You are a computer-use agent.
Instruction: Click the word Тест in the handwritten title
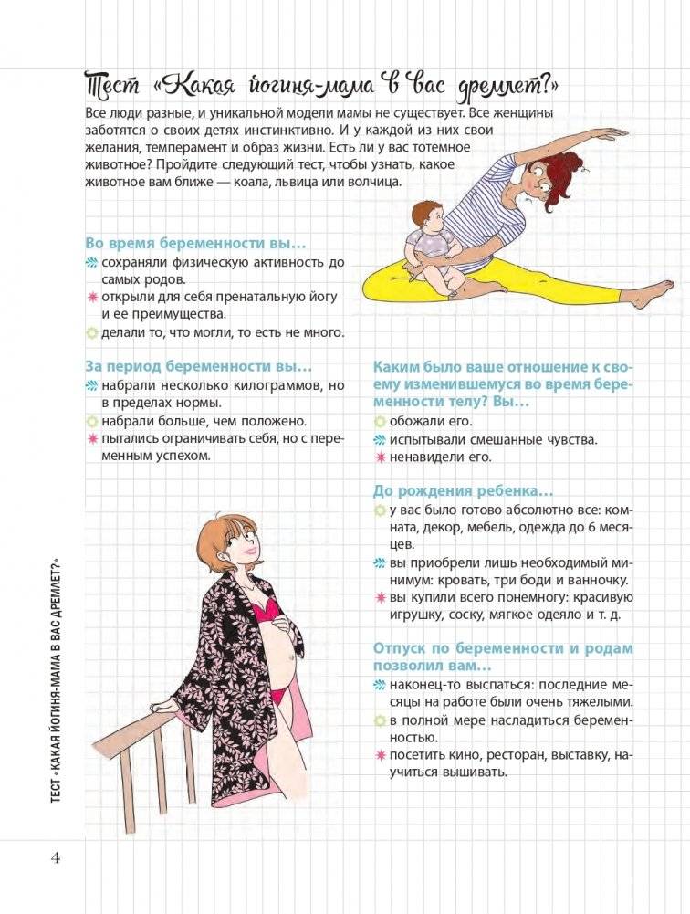click(x=111, y=88)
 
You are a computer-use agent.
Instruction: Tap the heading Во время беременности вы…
click(x=195, y=244)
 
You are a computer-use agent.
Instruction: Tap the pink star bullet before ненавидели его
click(x=380, y=457)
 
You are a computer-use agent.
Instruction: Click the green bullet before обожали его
click(x=380, y=421)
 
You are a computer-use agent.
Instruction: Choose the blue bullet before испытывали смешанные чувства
click(x=380, y=439)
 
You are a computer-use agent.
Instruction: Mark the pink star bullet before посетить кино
click(x=380, y=754)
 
